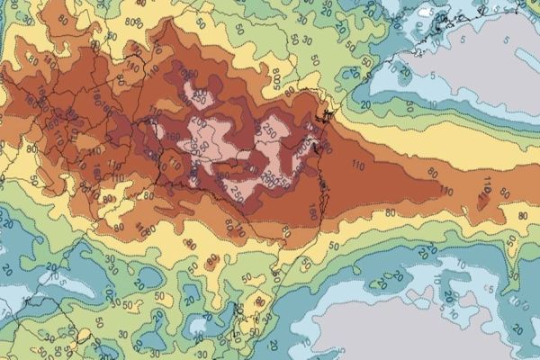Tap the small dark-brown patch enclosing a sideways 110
(x=487, y=191)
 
